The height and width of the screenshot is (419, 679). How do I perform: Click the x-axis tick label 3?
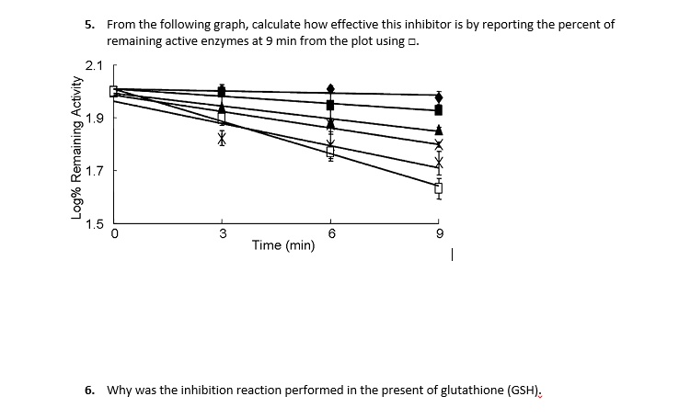pos(222,233)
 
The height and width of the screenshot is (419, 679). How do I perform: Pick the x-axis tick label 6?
pos(330,233)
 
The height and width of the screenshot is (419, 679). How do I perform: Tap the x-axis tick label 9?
pos(439,233)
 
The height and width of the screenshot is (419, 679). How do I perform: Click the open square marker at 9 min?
pos(439,188)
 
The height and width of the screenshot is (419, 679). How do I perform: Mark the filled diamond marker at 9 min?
pos(439,96)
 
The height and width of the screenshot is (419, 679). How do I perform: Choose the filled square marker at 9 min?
pos(439,110)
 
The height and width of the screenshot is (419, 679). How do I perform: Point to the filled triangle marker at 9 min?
pos(439,130)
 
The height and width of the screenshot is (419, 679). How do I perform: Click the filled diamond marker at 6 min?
pos(330,89)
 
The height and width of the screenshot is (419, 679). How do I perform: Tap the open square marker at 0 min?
pos(114,91)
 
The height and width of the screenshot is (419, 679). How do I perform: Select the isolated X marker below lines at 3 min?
pos(222,138)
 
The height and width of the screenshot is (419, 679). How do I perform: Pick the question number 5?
pos(89,25)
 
